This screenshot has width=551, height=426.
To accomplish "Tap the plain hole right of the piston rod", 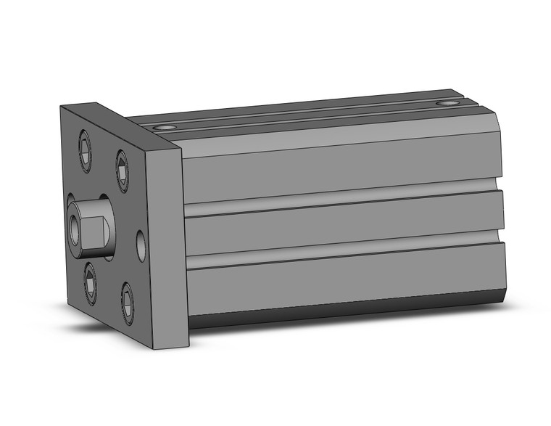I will click(x=140, y=241).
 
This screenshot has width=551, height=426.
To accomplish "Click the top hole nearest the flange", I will click(x=166, y=128).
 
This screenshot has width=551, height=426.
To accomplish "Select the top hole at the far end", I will click(x=450, y=104).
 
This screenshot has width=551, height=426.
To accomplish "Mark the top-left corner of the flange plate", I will click(x=62, y=107).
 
